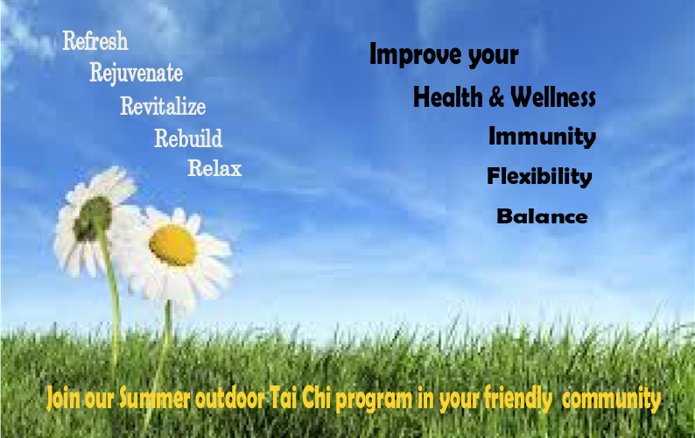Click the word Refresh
pyautogui.click(x=95, y=41)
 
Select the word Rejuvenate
pyautogui.click(x=136, y=73)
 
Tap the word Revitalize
pyautogui.click(x=163, y=106)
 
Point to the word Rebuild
pyautogui.click(x=188, y=138)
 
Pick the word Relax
pyautogui.click(x=214, y=168)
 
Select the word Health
pyautogui.click(x=448, y=96)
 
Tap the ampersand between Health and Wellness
pyautogui.click(x=496, y=97)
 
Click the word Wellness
pyautogui.click(x=553, y=96)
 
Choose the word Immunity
pyautogui.click(x=542, y=137)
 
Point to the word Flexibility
pyautogui.click(x=539, y=176)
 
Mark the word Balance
pyautogui.click(x=542, y=216)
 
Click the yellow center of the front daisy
pyautogui.click(x=172, y=245)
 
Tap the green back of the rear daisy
pyautogui.click(x=93, y=218)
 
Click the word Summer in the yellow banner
pyautogui.click(x=155, y=398)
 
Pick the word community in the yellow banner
pyautogui.click(x=611, y=398)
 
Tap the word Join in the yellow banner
pyautogui.click(x=64, y=398)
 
